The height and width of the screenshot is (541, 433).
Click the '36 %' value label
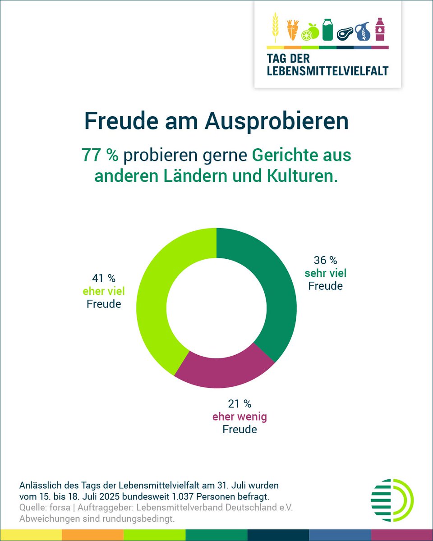326,261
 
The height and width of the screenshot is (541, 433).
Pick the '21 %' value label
240,404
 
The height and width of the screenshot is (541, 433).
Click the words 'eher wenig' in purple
240,417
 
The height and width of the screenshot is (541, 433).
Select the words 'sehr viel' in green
326,273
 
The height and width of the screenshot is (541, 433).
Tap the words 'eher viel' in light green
104,291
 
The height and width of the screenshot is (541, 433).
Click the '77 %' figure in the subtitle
100,155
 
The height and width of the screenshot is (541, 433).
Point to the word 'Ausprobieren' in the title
276,121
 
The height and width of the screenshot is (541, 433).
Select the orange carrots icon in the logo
293,30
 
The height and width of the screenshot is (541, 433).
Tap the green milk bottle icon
327,29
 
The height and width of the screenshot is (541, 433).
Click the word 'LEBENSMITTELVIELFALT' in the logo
327,71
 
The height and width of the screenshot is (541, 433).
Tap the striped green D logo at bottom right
392,500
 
